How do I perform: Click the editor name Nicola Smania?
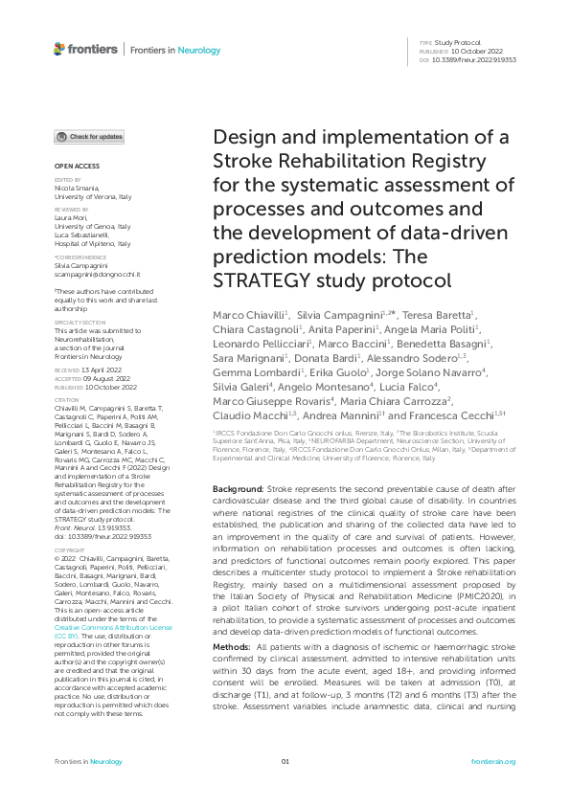click(x=74, y=188)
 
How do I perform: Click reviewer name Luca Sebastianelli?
click(x=80, y=234)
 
